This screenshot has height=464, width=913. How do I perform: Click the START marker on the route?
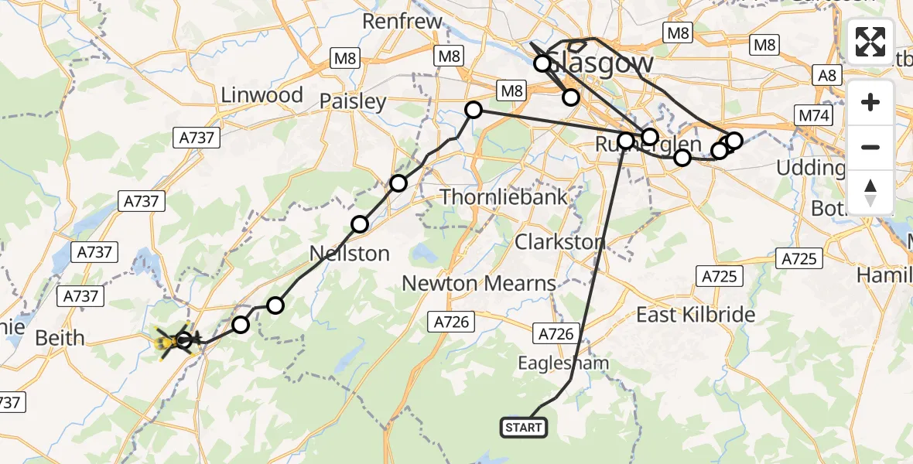[524, 428]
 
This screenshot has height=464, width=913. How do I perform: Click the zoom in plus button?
[870, 103]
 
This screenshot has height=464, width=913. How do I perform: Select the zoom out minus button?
[870, 147]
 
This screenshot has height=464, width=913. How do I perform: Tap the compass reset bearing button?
[870, 192]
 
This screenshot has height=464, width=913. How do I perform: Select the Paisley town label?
[353, 101]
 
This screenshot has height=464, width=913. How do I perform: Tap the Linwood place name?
[262, 95]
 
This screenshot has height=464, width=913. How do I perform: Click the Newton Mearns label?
[479, 283]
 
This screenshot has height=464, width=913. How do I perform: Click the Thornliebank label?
[504, 197]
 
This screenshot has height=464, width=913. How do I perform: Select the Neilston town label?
[349, 253]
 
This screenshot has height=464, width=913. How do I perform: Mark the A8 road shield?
[827, 74]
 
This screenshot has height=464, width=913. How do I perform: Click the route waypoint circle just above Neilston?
[360, 225]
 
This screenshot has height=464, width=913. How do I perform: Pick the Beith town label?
[60, 338]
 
